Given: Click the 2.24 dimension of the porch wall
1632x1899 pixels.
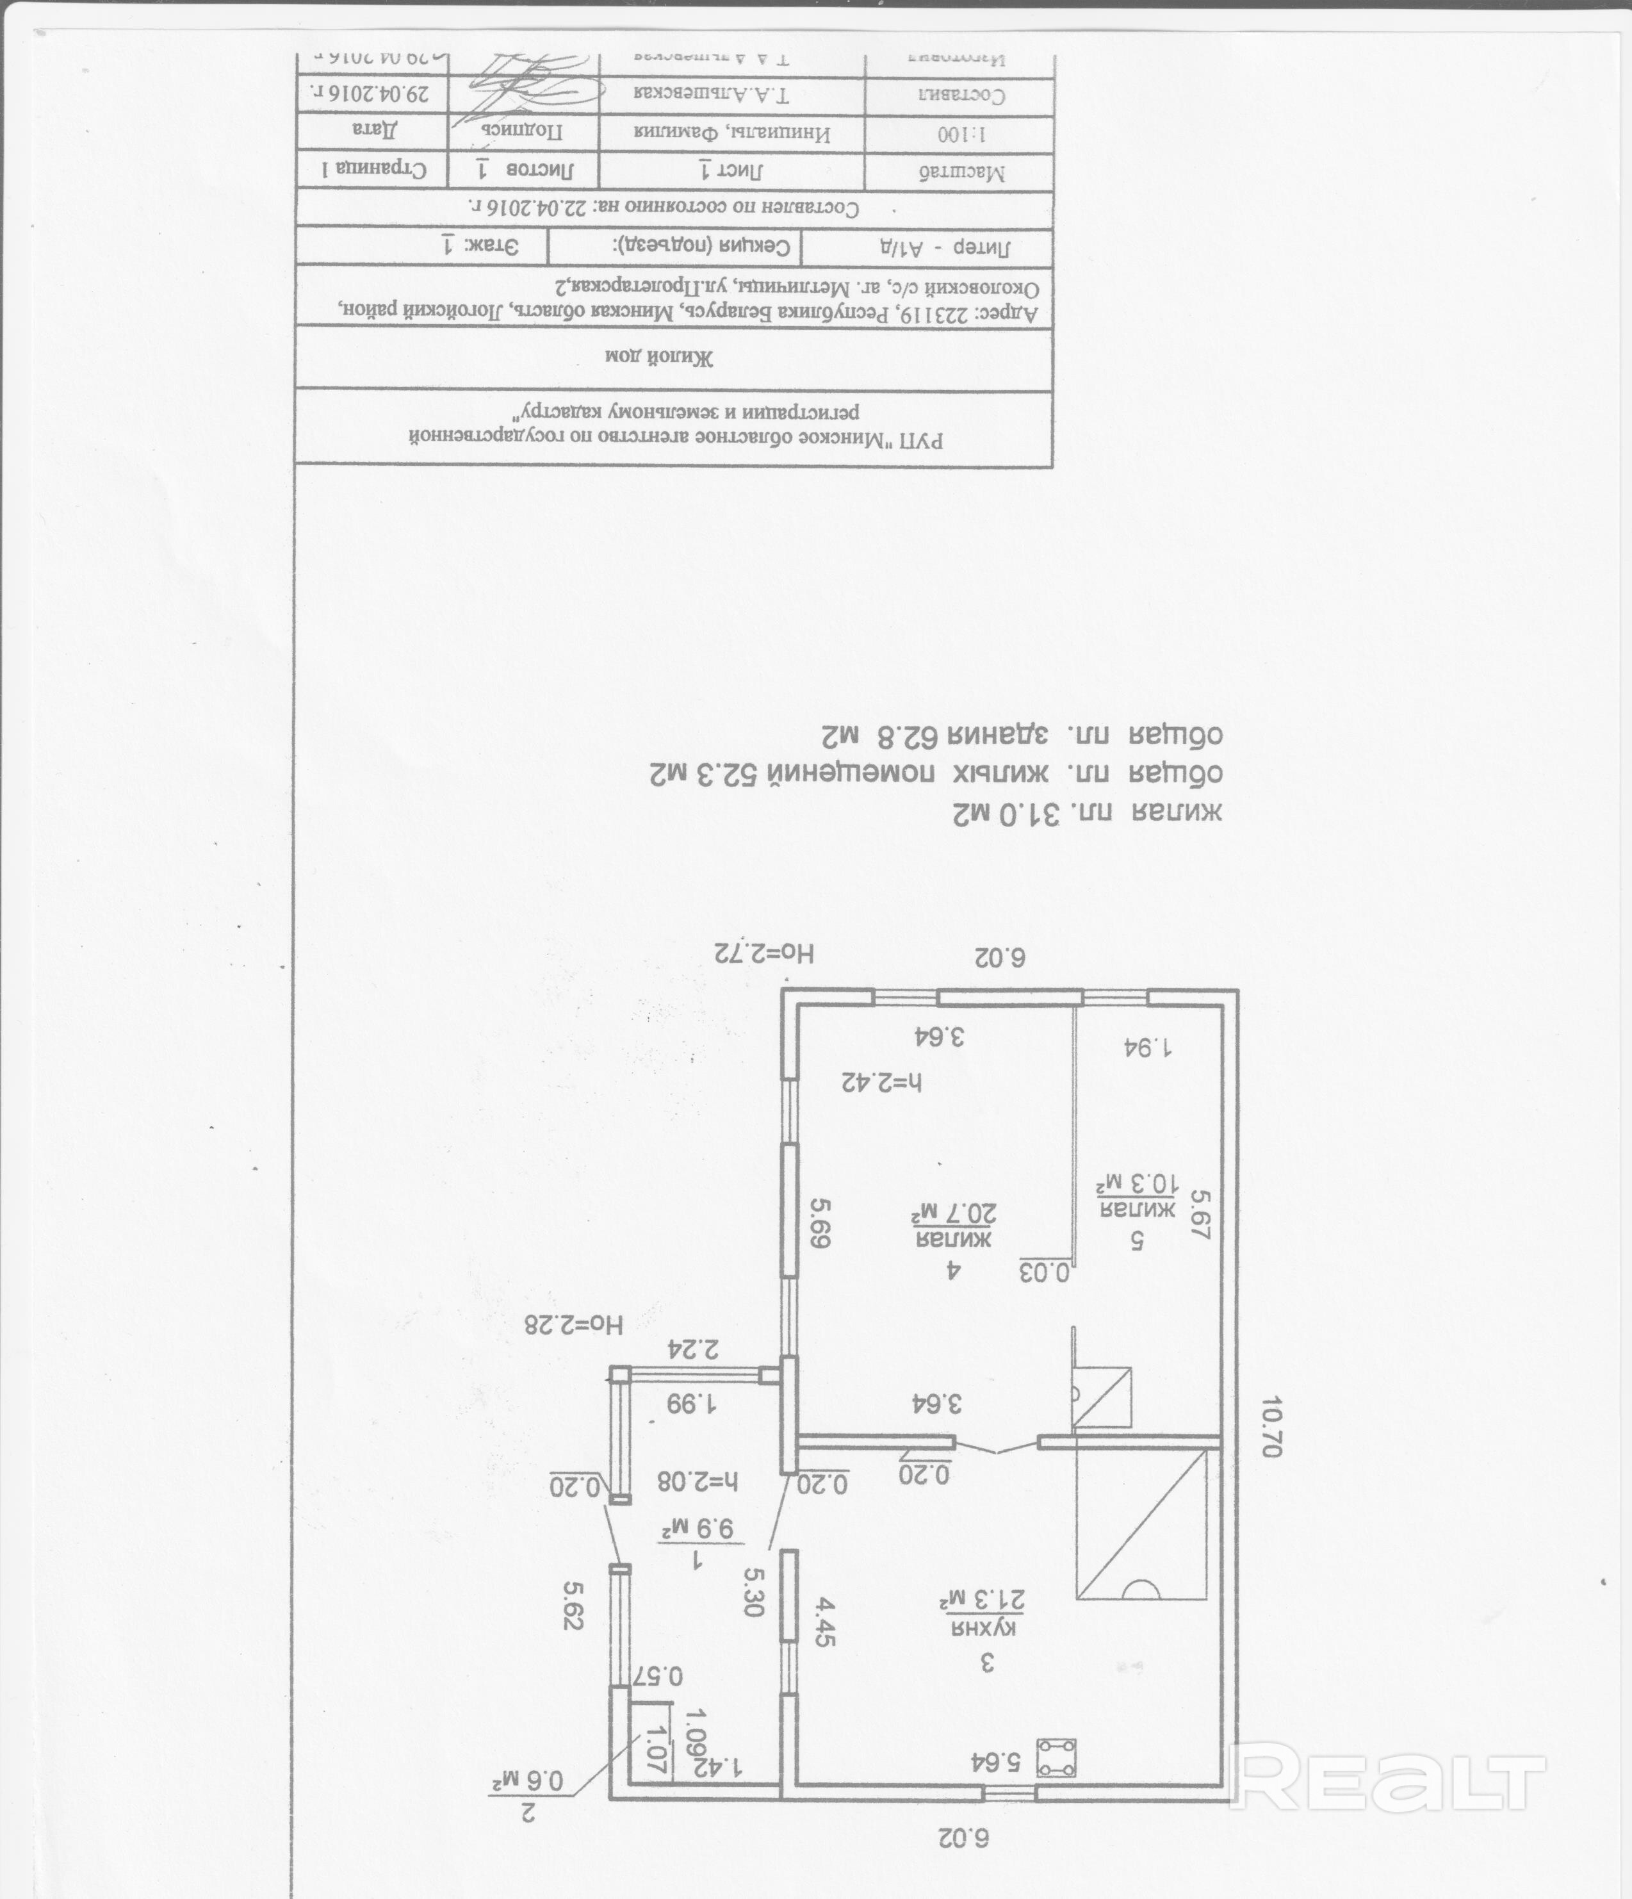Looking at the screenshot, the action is pos(694,1349).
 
